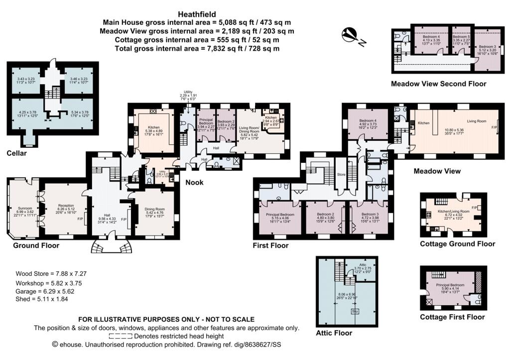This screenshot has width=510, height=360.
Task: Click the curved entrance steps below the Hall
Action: click(x=108, y=247)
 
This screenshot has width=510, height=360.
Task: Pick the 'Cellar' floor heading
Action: click(x=16, y=153)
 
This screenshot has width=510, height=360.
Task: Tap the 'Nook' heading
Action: click(x=195, y=182)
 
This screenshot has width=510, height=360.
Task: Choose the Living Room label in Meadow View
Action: click(x=476, y=121)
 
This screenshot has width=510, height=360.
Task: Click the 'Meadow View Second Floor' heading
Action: click(x=438, y=84)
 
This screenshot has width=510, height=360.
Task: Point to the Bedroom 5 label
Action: click(x=461, y=37)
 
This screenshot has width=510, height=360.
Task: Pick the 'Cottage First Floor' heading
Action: click(x=452, y=317)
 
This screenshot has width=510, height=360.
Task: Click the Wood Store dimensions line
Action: click(x=48, y=273)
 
